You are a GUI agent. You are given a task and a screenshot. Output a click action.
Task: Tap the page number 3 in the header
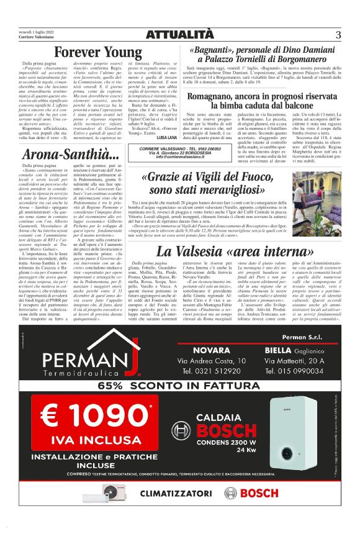tap(338, 34)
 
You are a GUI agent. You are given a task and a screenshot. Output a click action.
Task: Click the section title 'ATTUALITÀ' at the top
tap(179, 34)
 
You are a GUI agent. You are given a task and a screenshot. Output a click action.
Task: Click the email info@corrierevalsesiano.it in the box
tap(180, 157)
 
